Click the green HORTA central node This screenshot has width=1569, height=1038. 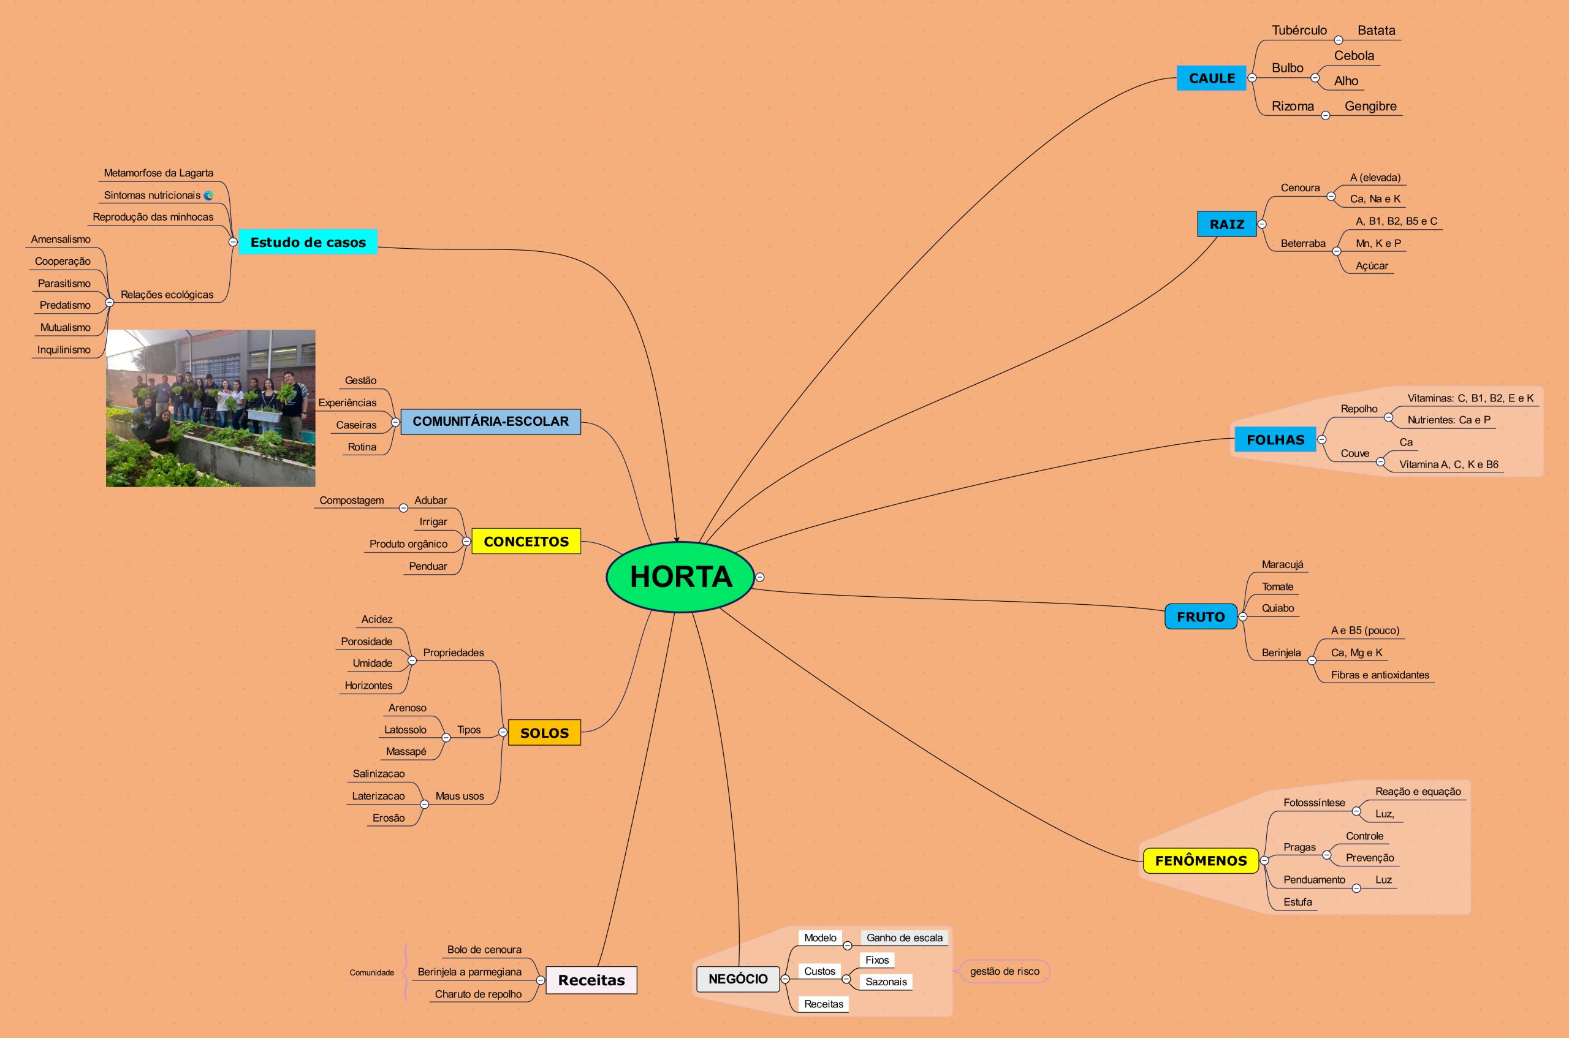click(680, 577)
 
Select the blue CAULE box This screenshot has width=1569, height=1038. click(1211, 78)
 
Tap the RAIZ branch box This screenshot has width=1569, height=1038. click(1226, 224)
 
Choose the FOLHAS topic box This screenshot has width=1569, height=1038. click(1275, 439)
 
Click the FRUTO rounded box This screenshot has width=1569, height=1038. click(1200, 616)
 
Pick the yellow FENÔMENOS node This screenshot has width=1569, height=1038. click(1200, 860)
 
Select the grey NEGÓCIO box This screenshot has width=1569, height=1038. click(737, 979)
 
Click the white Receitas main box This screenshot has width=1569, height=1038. click(591, 980)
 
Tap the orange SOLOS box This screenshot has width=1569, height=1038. click(544, 733)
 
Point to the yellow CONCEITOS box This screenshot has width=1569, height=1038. click(526, 542)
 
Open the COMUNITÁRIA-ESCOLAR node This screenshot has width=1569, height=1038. click(490, 422)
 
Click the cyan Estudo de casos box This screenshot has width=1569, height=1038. click(308, 242)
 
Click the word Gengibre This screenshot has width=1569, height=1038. click(1370, 106)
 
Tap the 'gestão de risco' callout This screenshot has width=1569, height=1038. click(1005, 971)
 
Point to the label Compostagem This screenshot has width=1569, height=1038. click(352, 501)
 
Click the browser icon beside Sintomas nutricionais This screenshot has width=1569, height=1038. click(208, 195)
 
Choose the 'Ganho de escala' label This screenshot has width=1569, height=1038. click(905, 938)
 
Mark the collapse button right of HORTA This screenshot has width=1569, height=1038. click(760, 577)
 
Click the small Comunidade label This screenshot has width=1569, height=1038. click(371, 972)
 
